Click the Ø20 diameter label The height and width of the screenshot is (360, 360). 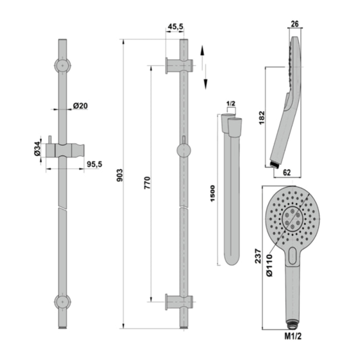[x=81, y=105]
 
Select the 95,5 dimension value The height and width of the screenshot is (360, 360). [x=94, y=165]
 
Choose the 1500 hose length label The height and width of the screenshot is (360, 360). [x=213, y=192]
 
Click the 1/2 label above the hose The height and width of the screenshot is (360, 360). [x=230, y=104]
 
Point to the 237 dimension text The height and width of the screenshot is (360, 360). [x=258, y=256]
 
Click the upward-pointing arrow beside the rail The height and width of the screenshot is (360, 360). [x=204, y=53]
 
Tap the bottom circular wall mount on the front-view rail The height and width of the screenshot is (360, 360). [x=62, y=301]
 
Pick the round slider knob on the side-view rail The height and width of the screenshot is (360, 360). [x=183, y=150]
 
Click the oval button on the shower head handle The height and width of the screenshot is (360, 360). [x=293, y=255]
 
